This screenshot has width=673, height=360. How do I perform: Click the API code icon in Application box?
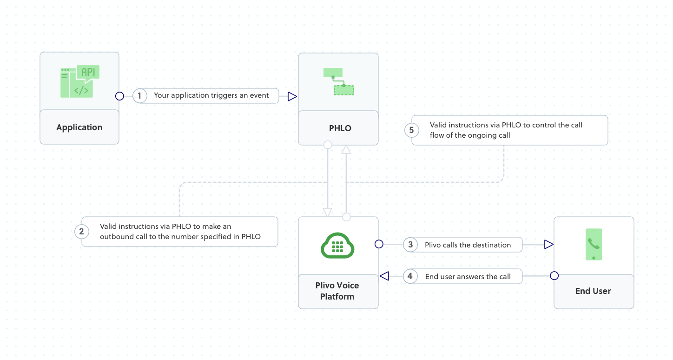(x=79, y=82)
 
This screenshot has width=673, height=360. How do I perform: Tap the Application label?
(x=79, y=127)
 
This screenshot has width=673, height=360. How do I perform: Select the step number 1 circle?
(x=139, y=96)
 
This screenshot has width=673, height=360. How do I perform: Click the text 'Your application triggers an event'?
(x=211, y=95)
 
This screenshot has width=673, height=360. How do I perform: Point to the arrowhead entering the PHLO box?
(x=292, y=96)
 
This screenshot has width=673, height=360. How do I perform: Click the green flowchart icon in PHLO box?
(x=338, y=82)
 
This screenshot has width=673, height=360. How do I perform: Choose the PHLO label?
(x=340, y=128)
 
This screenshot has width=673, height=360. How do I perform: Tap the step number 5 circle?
(x=411, y=130)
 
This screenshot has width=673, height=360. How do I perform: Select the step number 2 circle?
(x=81, y=231)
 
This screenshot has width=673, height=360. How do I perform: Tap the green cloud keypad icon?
(x=338, y=245)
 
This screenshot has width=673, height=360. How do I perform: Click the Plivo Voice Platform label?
(x=337, y=291)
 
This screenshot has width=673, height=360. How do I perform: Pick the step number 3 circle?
(x=410, y=245)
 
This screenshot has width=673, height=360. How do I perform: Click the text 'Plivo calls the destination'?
(x=468, y=245)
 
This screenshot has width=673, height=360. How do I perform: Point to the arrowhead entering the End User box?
(x=548, y=245)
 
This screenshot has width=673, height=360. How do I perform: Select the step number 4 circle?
(x=410, y=276)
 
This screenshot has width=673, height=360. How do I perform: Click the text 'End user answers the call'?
(x=468, y=277)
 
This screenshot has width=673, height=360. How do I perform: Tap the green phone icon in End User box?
(x=594, y=245)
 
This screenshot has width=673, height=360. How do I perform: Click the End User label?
(x=593, y=291)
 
